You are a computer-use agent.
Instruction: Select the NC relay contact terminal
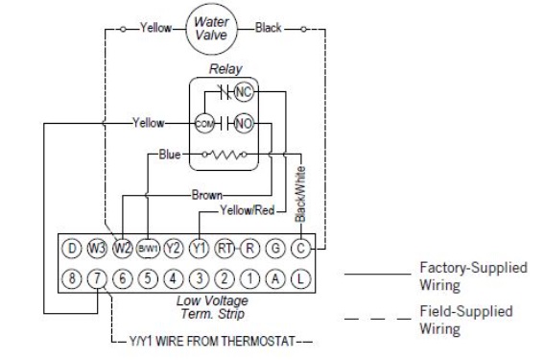tap(244, 92)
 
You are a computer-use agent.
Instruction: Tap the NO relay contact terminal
tap(244, 123)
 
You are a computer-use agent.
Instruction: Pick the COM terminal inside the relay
tap(204, 124)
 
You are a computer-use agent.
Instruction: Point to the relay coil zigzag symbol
tap(225, 155)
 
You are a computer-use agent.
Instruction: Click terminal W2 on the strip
tap(123, 249)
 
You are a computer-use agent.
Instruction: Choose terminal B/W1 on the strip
tap(148, 249)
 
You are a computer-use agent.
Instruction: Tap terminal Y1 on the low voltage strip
tap(200, 249)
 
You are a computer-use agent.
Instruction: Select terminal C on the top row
tap(301, 249)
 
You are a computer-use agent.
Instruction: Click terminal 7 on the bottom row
tap(97, 278)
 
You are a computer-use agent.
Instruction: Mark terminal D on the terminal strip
tap(72, 249)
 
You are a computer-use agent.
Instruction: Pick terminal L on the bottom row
tap(301, 278)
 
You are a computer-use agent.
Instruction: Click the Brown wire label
tap(207, 195)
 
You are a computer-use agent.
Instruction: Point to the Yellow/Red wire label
tap(248, 210)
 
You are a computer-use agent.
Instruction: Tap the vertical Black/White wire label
tap(300, 194)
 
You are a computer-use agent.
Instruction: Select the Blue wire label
tap(170, 155)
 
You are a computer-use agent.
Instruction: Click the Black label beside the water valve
tap(269, 28)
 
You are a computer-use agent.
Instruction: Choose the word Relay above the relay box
tap(225, 69)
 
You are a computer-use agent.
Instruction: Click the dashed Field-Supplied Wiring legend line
tap(377, 319)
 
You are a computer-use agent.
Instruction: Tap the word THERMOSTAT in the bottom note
tap(258, 341)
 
